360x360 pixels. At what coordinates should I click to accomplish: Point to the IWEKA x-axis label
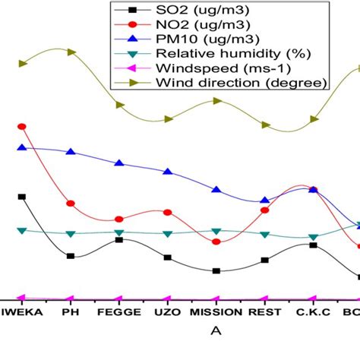coord(22,312)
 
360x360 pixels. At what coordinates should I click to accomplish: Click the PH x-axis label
coord(71,312)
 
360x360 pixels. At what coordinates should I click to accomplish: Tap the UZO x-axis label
coord(167,312)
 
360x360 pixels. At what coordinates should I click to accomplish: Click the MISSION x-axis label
coord(216,312)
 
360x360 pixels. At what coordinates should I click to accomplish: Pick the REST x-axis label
coord(264,312)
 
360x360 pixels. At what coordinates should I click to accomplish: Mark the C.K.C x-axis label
coord(312,312)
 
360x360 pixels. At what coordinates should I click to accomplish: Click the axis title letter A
coord(216,330)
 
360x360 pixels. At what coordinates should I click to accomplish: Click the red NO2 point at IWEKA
coord(22,127)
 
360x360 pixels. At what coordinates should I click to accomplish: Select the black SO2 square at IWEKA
coord(22,197)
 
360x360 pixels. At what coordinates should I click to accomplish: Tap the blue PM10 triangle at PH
coord(71,152)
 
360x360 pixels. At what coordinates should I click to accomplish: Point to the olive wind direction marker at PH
coord(71,52)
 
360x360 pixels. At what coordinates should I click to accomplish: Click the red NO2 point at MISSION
coord(216,242)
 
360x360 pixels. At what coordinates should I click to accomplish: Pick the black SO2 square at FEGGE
coord(119,240)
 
